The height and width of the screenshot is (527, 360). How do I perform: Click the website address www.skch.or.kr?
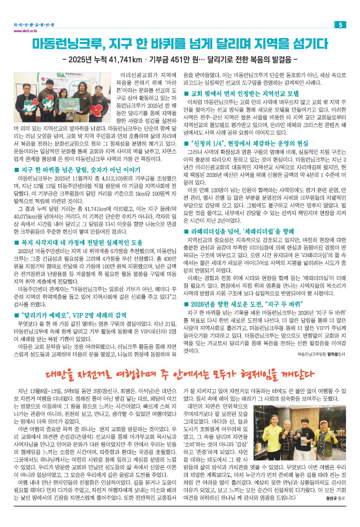pyautogui.click(x=24, y=30)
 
